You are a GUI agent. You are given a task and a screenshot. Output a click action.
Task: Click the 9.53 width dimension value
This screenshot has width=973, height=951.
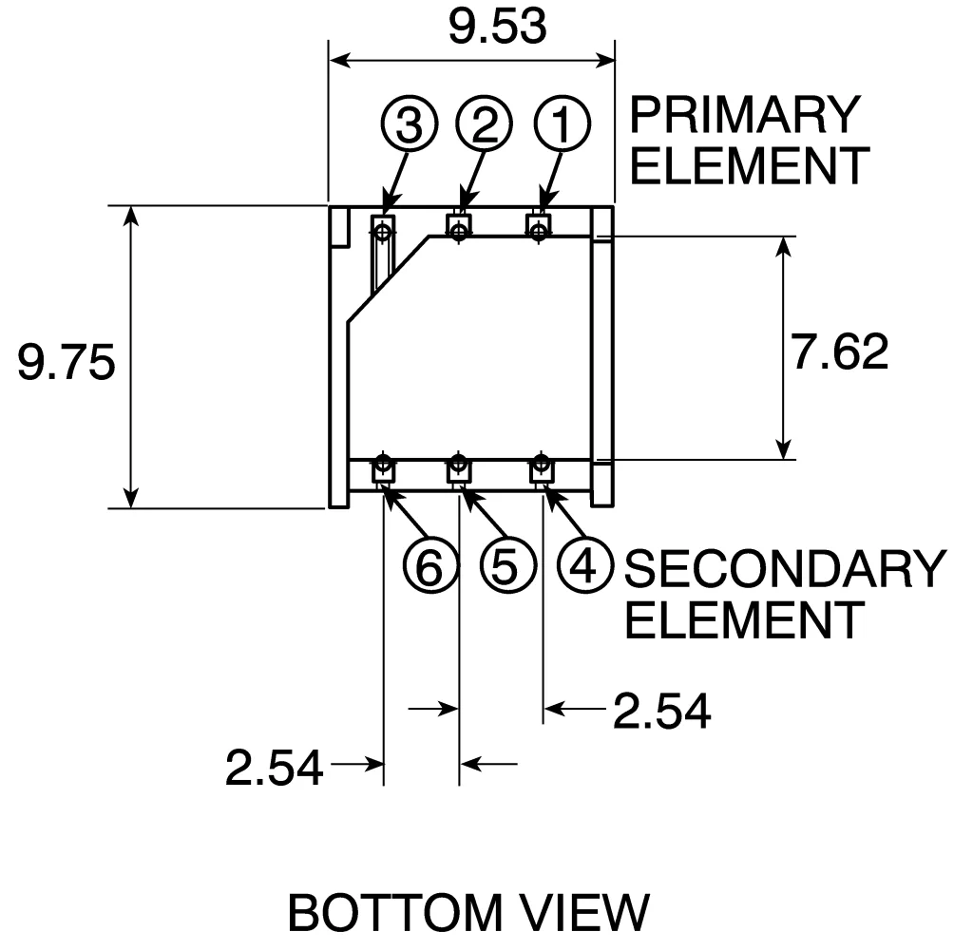[x=498, y=28]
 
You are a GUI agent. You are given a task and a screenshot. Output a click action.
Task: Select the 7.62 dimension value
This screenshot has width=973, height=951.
[x=840, y=352]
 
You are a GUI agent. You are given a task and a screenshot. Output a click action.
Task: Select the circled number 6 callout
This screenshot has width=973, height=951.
[x=429, y=567]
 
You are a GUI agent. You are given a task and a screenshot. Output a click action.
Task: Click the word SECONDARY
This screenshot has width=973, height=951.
[x=784, y=569]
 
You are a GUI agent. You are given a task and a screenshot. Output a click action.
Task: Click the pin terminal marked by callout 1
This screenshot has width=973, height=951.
[x=540, y=229]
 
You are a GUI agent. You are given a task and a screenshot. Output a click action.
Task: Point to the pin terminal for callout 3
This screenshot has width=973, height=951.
[x=383, y=229]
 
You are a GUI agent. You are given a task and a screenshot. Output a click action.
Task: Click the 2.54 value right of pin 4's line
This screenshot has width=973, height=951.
[x=661, y=711]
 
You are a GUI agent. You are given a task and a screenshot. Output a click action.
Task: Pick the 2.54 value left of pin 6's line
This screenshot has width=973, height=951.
[x=274, y=767]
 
